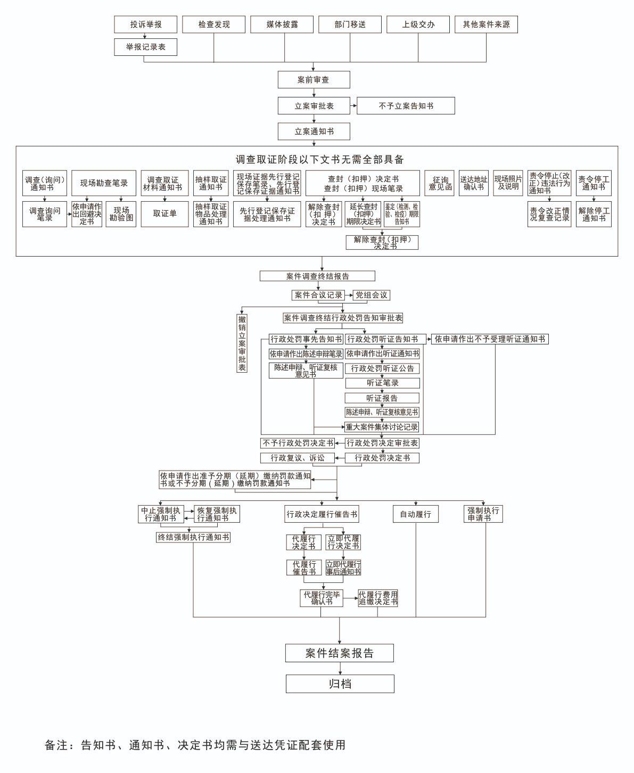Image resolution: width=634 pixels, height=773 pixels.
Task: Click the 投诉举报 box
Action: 145,24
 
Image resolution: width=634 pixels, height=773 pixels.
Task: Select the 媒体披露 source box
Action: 282,24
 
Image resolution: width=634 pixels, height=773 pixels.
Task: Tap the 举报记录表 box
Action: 145,47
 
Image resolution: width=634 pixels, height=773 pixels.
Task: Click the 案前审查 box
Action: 314,80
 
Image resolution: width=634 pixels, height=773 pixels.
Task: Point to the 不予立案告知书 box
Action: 406,106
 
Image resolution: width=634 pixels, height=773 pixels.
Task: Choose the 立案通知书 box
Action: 314,131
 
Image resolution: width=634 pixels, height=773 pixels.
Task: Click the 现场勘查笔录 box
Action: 104,183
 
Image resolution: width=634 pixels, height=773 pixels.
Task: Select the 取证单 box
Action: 164,213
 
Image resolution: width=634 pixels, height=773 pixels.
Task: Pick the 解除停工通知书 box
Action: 594,214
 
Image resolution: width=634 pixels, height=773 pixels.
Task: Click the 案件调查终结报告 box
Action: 317,276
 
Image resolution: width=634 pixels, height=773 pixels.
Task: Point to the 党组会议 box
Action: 372,295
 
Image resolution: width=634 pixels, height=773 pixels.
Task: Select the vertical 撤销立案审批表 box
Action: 242,343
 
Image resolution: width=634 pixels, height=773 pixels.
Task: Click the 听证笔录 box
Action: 382,383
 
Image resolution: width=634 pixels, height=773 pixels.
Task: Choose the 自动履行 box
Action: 415,514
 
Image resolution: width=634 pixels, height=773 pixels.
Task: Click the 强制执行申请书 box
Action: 483,514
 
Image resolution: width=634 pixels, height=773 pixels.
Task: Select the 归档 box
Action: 340,684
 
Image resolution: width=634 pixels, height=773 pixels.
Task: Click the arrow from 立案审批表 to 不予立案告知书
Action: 353,106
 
